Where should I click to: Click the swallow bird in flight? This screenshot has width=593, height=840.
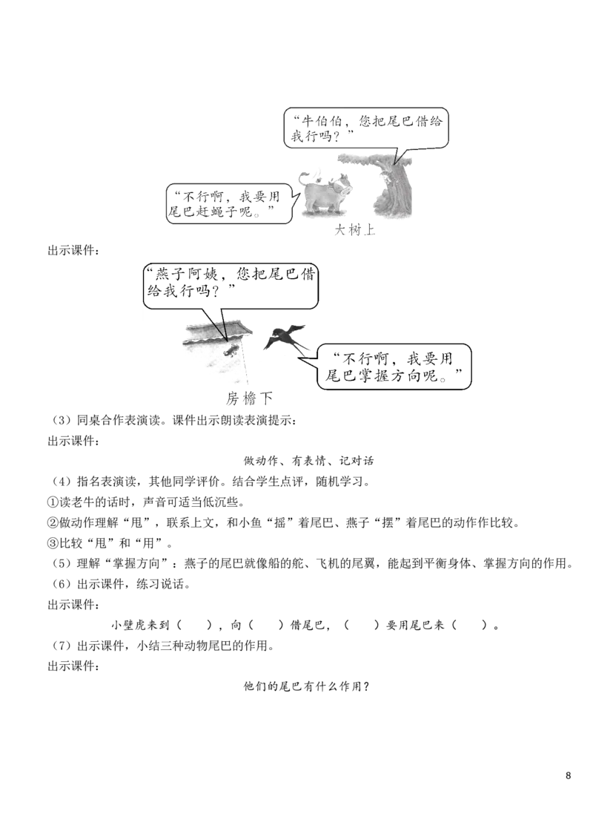point(286,338)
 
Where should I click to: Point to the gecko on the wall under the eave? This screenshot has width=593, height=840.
point(232,350)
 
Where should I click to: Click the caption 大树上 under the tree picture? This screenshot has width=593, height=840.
point(355,230)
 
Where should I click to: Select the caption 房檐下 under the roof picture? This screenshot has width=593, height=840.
point(249,398)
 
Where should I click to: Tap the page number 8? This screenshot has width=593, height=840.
point(568,775)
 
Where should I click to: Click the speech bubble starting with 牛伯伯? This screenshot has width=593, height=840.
point(366,128)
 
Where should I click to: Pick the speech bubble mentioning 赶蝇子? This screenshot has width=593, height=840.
point(230,203)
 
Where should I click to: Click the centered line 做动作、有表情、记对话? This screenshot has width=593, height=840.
point(309,461)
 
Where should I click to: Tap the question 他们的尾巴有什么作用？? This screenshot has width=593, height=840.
point(307,686)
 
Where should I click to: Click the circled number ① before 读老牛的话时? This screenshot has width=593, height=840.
point(53,502)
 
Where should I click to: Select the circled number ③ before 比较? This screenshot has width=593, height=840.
point(53,543)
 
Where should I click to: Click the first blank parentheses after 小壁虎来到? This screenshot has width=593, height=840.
point(194,626)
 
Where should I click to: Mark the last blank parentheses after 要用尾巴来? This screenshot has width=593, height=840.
point(470,626)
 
